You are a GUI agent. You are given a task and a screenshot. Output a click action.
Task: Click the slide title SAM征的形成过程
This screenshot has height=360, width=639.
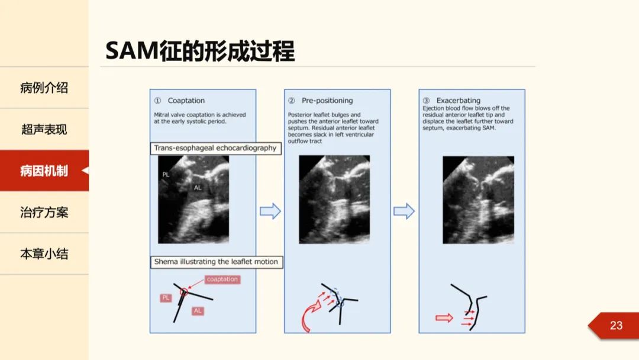[200, 52]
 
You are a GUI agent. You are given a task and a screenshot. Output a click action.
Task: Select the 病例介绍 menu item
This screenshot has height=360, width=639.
[44, 88]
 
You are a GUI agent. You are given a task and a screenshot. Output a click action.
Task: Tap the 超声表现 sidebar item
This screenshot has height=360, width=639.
[44, 129]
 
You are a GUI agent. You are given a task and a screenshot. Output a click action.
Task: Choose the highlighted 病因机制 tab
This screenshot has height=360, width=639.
[44, 171]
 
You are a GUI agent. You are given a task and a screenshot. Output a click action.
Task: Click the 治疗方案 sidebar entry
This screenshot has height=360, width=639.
[44, 213]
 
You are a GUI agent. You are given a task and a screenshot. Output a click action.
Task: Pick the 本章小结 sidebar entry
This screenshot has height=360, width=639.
[44, 254]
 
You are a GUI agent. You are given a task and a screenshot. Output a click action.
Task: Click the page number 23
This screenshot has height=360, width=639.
[616, 325]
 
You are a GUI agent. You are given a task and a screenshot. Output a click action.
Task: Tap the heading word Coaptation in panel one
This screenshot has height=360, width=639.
[186, 101]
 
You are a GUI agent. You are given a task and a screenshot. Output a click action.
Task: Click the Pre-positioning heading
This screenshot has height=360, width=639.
[327, 101]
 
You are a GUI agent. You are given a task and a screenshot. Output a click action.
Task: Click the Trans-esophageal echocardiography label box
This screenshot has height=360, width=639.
[215, 148]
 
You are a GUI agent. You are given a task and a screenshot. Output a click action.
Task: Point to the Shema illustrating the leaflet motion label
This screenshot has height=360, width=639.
[216, 261]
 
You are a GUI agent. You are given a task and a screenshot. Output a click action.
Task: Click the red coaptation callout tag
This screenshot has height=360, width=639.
[222, 279]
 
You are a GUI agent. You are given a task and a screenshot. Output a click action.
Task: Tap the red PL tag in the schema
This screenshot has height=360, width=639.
[166, 298]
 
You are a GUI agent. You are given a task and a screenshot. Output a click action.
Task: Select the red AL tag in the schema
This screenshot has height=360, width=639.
[198, 310]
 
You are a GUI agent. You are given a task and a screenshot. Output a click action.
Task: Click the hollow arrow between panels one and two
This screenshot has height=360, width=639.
[270, 211]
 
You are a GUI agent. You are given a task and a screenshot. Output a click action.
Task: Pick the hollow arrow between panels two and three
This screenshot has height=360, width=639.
[404, 211]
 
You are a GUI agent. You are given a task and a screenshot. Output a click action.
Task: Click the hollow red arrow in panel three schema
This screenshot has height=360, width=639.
[444, 318]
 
